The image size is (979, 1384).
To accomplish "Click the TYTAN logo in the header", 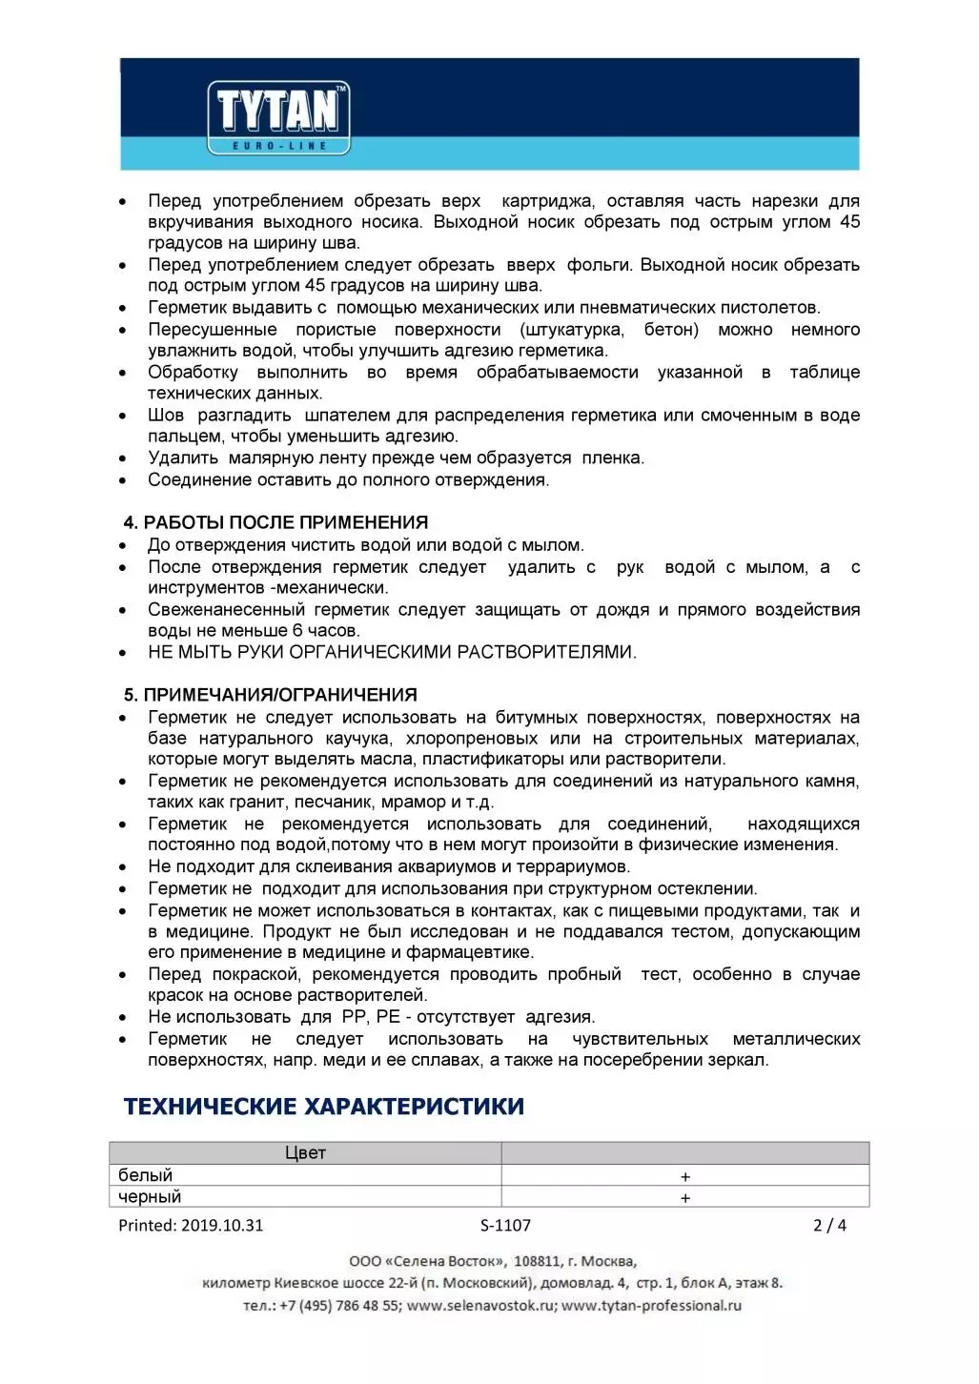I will tap(278, 118).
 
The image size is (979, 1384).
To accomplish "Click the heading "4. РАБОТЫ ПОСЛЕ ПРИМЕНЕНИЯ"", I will tap(275, 522).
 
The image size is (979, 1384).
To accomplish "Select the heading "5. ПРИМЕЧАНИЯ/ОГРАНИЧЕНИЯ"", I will tap(271, 695).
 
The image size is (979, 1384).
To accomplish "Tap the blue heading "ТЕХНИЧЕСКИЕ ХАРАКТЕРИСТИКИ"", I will tap(324, 1107).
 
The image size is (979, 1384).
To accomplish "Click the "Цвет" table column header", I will tap(305, 1153).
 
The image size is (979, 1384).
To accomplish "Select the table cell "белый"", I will tap(145, 1175).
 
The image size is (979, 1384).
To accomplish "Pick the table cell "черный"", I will tap(149, 1197).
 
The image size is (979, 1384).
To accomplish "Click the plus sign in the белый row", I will tap(684, 1177).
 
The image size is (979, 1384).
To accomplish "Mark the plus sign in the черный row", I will tap(684, 1198).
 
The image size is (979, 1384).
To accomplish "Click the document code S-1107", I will tap(505, 1226).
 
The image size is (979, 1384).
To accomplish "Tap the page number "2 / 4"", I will tap(829, 1226).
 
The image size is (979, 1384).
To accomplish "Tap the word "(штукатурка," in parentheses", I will tap(572, 330).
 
